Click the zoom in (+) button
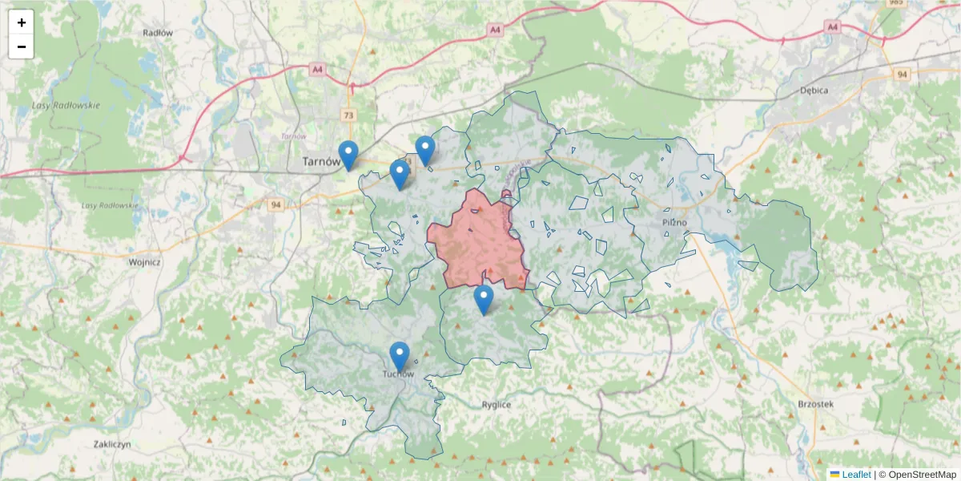22,22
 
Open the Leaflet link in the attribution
855,475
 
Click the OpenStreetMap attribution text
921,475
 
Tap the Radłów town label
158,33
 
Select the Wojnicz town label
145,261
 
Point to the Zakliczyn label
112,444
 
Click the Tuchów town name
398,374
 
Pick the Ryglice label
497,405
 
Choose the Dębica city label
814,91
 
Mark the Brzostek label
816,405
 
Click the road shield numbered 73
348,115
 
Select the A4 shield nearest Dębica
833,27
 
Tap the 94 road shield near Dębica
903,74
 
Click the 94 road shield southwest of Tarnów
276,204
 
